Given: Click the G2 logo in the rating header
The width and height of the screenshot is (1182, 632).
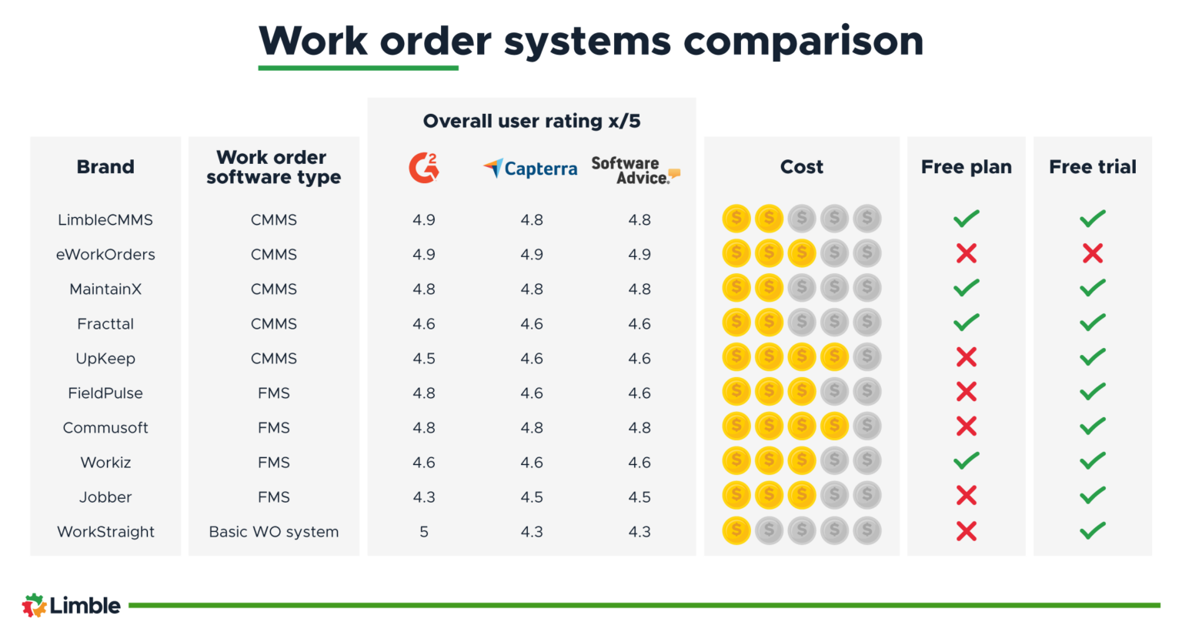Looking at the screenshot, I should [423, 167].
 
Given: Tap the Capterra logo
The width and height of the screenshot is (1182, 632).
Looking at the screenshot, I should [530, 168].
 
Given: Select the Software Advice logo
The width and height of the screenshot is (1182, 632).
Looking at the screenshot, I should [635, 170].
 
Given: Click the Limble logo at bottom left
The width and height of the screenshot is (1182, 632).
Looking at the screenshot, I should [71, 606].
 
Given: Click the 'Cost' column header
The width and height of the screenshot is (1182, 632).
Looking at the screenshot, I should [801, 167].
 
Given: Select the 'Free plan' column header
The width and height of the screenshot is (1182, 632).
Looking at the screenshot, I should [966, 167].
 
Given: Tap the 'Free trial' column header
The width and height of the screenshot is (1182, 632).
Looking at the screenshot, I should [1092, 167].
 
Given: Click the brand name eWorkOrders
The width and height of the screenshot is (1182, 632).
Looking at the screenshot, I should [105, 255].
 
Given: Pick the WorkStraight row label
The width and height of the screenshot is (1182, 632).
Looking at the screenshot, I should [105, 532].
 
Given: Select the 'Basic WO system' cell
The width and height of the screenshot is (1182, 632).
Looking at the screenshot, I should [273, 532].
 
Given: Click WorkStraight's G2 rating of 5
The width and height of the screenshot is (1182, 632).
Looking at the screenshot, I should [423, 532].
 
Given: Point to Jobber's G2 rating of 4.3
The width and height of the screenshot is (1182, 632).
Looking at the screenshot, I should [423, 497].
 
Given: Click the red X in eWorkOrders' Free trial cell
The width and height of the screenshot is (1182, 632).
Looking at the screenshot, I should [1092, 253].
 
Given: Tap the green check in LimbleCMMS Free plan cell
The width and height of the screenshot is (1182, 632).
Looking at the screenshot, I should [966, 219].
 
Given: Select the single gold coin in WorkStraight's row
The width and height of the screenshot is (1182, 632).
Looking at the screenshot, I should [736, 530].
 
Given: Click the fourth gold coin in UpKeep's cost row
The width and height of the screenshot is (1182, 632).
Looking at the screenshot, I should [834, 357].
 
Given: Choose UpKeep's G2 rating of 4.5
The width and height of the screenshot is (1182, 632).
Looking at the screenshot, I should [423, 359].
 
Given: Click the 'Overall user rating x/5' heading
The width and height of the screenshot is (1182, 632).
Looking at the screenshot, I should [531, 121].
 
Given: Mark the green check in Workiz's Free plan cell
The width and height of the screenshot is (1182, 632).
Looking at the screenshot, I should [966, 461].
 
